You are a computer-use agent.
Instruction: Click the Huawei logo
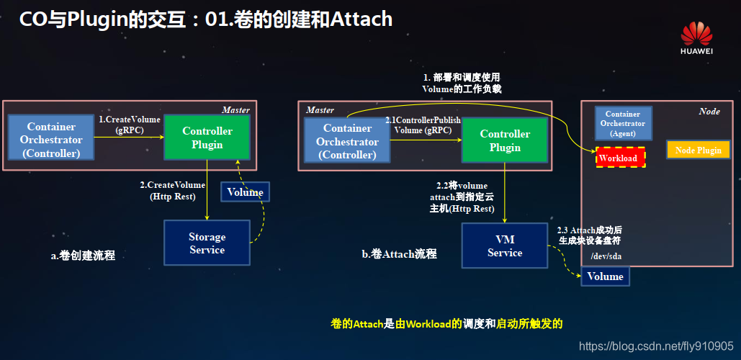click(x=696, y=36)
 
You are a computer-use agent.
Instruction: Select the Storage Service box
click(x=207, y=243)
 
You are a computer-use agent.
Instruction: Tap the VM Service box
click(x=505, y=246)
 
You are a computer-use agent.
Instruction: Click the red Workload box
click(x=619, y=157)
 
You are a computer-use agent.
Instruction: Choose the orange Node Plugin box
click(x=698, y=150)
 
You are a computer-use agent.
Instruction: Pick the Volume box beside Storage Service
click(x=245, y=192)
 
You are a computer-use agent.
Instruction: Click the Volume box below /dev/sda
click(x=605, y=276)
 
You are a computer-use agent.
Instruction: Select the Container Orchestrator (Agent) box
click(x=623, y=124)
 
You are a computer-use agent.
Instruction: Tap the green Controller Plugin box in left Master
click(x=207, y=138)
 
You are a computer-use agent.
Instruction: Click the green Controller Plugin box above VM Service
click(x=505, y=140)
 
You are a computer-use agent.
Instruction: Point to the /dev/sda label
click(x=606, y=256)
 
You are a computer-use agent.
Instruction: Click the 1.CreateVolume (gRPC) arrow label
click(x=129, y=125)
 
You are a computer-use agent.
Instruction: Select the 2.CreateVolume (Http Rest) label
click(x=173, y=191)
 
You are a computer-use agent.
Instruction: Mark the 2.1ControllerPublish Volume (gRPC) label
click(x=423, y=125)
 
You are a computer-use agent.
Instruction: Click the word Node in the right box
click(x=709, y=112)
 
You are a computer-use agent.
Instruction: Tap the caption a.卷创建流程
click(x=82, y=256)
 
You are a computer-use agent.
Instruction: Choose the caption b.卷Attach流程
click(x=399, y=254)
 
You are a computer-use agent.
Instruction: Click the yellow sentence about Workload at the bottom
click(x=446, y=324)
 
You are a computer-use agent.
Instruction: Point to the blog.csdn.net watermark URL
click(x=656, y=346)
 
